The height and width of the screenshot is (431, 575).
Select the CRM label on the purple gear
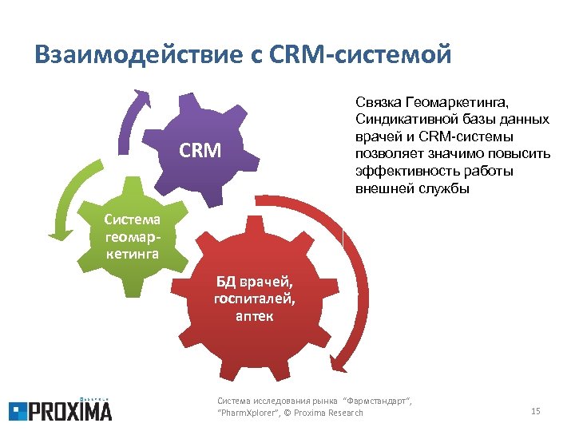click(200, 149)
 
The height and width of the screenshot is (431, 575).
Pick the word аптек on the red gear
click(254, 316)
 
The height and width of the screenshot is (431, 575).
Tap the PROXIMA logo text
click(71, 410)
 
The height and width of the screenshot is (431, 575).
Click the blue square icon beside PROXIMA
click(18, 411)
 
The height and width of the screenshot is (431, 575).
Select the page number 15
click(535, 411)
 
